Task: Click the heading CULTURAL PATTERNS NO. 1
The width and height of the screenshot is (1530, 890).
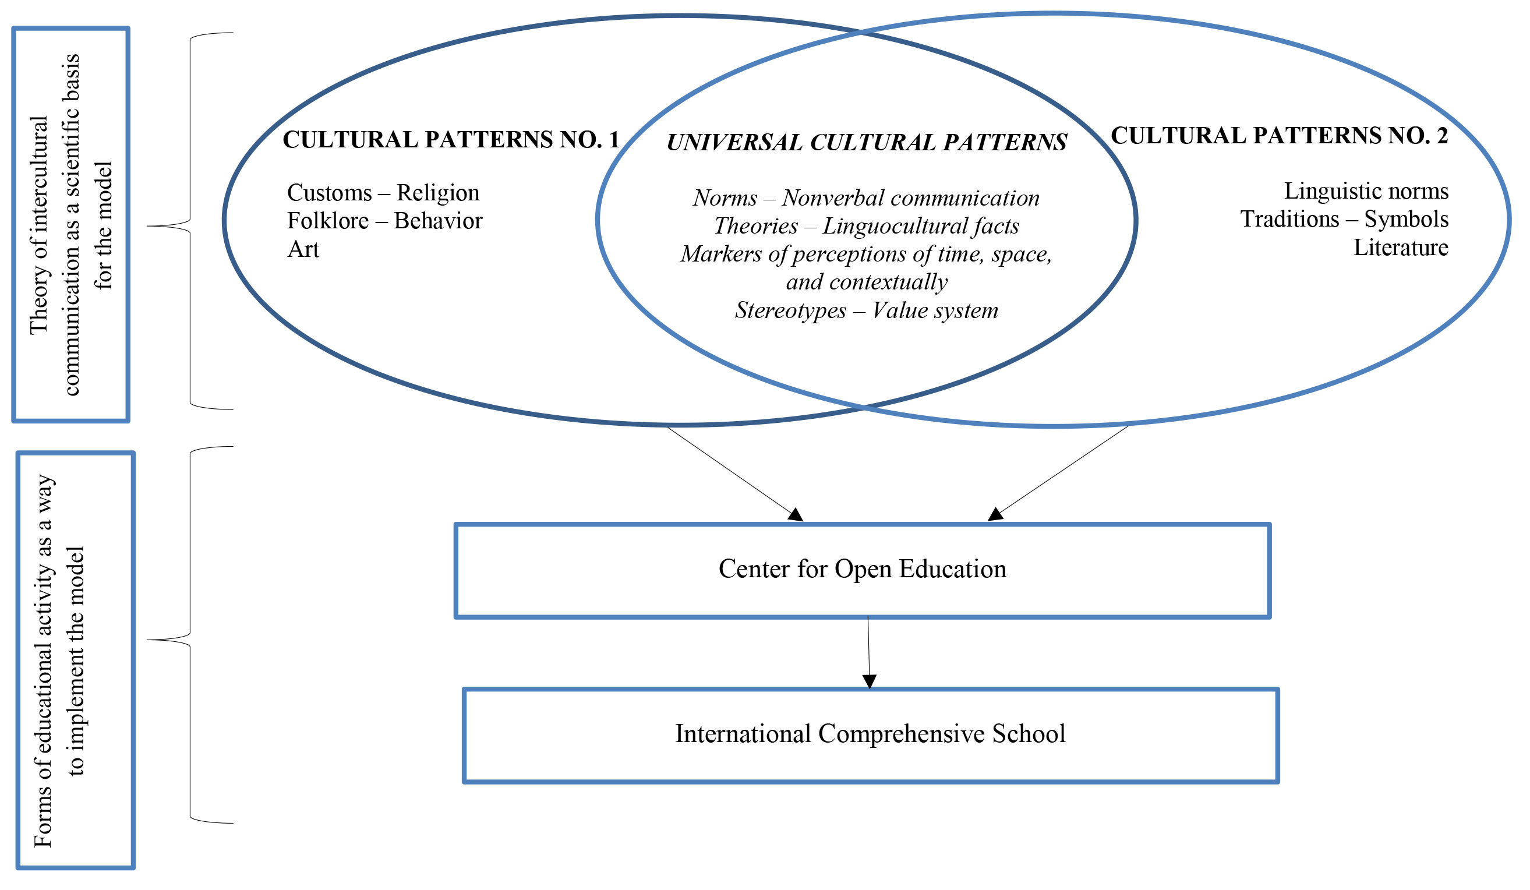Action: click(451, 140)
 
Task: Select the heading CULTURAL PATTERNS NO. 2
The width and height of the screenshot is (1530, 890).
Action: click(1278, 135)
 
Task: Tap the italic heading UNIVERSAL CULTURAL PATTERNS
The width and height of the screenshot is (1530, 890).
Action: click(867, 143)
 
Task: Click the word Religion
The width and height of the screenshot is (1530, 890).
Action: click(438, 192)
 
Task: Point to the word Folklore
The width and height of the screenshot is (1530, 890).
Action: click(327, 220)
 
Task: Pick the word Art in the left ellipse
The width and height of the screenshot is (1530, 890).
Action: click(303, 249)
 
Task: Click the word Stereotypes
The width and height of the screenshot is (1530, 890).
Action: click(790, 310)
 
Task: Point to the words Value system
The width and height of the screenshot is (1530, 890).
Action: click(935, 310)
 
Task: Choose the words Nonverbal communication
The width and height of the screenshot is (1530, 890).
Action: click(910, 198)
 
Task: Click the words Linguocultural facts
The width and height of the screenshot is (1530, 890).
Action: click(920, 226)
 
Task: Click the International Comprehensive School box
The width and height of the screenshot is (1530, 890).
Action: click(870, 734)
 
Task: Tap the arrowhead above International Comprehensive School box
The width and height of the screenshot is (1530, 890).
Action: click(869, 680)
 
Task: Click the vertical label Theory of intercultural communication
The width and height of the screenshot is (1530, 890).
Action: click(70, 225)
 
